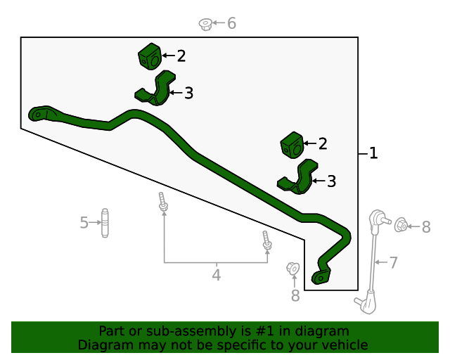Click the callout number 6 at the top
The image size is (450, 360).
pyautogui.click(x=231, y=23)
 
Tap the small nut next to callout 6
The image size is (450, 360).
pyautogui.click(x=205, y=25)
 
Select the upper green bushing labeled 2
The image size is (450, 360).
pyautogui.click(x=150, y=56)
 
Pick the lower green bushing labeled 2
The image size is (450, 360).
pyautogui.click(x=291, y=145)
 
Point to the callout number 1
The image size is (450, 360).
pyautogui.click(x=373, y=153)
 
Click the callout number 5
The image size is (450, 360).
pyautogui.click(x=84, y=223)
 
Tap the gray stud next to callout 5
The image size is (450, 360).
pyautogui.click(x=105, y=223)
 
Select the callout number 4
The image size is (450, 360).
pyautogui.click(x=216, y=275)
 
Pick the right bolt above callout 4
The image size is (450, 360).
pyautogui.click(x=266, y=240)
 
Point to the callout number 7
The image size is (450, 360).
pyautogui.click(x=393, y=263)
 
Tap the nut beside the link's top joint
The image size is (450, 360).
pyautogui.click(x=401, y=226)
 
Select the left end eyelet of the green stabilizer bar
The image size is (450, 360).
pyautogui.click(x=37, y=113)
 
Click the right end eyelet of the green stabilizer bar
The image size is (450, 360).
pyautogui.click(x=320, y=278)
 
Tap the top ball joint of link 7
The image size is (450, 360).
pyautogui.click(x=377, y=218)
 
